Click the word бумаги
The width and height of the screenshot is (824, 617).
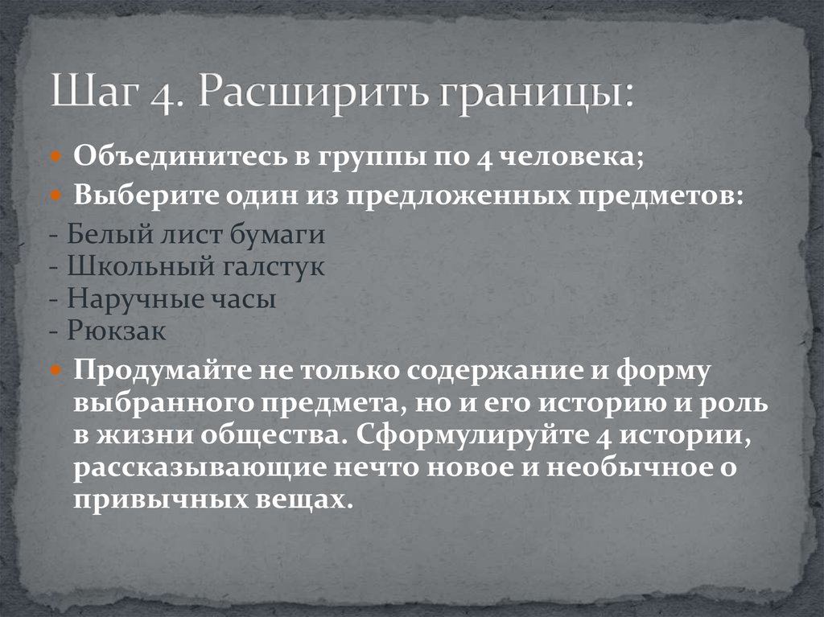coord(280,236)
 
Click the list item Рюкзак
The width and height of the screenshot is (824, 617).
coord(116,331)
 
